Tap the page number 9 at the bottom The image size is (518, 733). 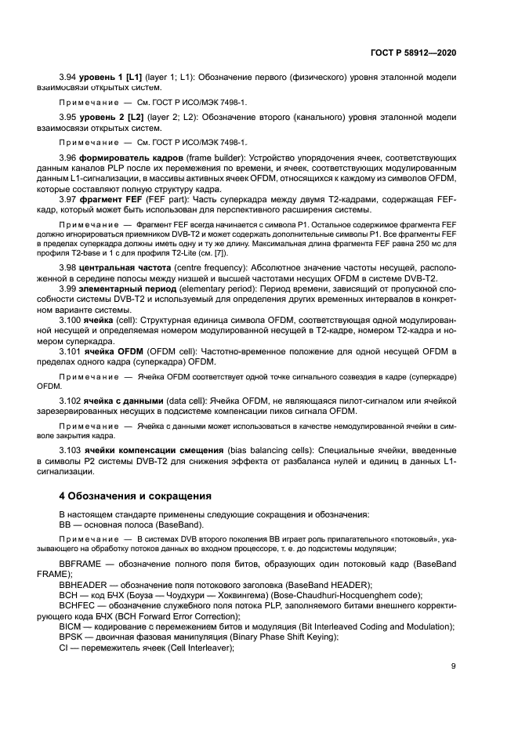453,666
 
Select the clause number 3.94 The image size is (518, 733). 69,78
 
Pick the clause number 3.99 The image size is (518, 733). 69,289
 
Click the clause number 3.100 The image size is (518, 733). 71,321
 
